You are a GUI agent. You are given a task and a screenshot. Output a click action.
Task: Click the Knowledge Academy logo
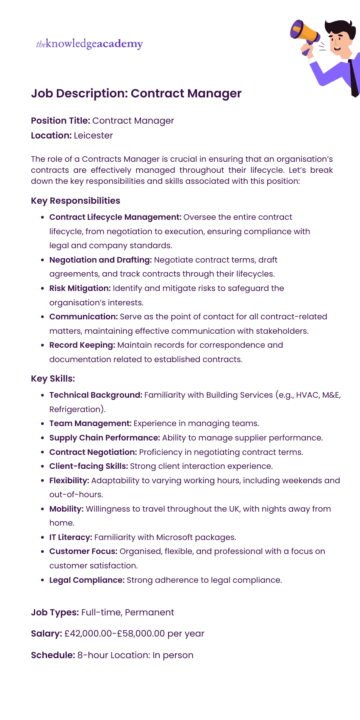pos(89,44)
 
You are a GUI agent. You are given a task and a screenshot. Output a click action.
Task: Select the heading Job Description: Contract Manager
pos(136,93)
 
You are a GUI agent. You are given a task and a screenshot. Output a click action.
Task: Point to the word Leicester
pos(93,136)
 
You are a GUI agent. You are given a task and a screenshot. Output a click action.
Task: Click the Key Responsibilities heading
pos(75,201)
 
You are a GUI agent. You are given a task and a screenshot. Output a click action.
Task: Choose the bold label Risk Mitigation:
pos(80,288)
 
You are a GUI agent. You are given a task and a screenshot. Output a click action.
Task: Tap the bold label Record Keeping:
pos(82,345)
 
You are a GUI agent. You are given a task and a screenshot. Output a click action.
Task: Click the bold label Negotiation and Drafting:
pos(100,260)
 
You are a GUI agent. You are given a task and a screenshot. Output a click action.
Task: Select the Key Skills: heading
pos(53,379)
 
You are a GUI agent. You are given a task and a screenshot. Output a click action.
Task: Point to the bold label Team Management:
pos(90,424)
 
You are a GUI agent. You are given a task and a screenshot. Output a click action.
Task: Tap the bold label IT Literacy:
pos(71,537)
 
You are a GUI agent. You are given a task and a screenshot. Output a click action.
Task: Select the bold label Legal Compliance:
pos(87,580)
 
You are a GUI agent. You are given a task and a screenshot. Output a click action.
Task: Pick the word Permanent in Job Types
pos(150,612)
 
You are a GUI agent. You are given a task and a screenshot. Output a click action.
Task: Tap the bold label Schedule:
pos(53,655)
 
